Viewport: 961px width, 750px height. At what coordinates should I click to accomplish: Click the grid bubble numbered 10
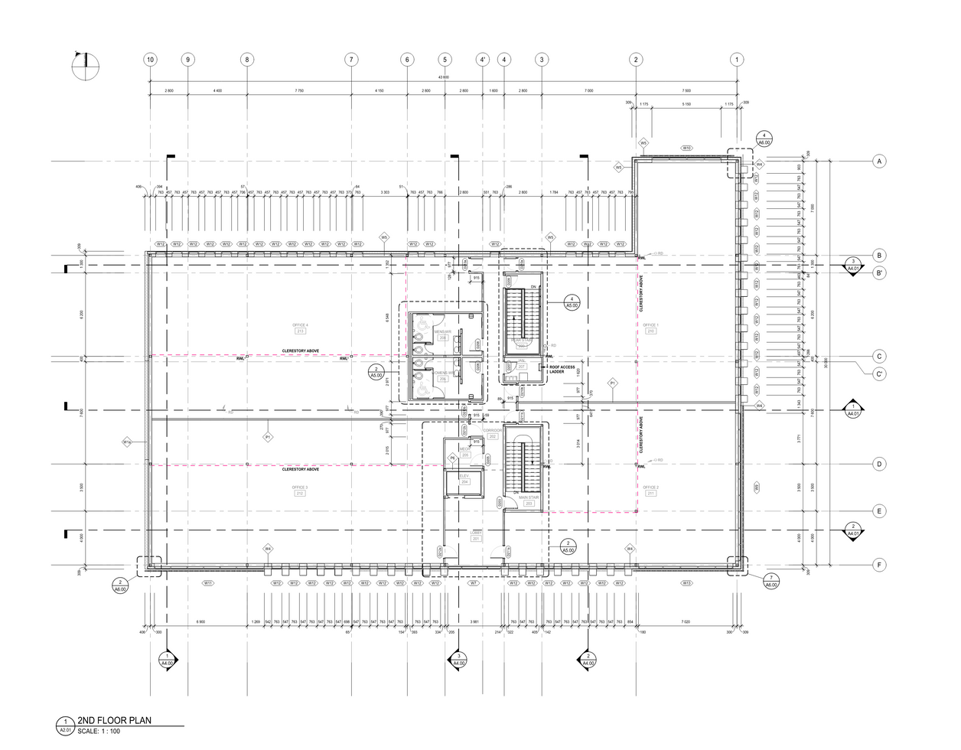pos(150,60)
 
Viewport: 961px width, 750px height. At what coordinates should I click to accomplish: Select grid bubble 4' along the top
pos(483,60)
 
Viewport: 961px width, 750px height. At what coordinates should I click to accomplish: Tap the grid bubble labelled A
pos(880,161)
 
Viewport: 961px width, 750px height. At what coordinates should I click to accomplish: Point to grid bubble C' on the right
pos(880,373)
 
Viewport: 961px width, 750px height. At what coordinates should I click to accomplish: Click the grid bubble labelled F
pos(880,566)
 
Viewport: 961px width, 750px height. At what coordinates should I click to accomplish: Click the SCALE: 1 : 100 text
pos(99,731)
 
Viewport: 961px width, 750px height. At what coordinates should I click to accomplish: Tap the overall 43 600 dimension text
pos(443,77)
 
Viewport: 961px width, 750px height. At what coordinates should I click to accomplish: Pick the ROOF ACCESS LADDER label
pos(562,370)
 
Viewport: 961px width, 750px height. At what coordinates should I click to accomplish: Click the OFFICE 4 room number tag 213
pos(300,331)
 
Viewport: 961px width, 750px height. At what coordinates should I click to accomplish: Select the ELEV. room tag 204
pos(464,482)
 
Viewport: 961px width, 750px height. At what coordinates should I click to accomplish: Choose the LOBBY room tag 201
pos(476,539)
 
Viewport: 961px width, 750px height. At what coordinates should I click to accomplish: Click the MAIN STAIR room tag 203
pos(529,504)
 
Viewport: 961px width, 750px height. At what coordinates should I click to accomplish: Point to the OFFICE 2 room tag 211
pos(650,494)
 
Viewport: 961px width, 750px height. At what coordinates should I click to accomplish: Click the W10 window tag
pos(687,148)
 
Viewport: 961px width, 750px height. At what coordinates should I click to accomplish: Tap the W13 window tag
pos(686,583)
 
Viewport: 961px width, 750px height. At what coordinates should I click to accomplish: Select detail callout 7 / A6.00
pos(771,580)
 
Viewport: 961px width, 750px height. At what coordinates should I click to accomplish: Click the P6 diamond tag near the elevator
pos(452,458)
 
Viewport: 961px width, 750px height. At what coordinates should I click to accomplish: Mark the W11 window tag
pos(207,583)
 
